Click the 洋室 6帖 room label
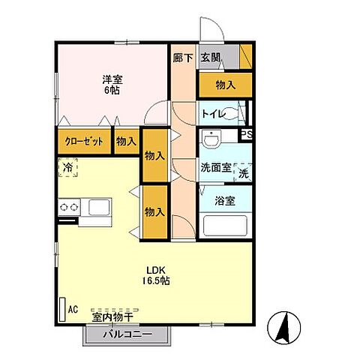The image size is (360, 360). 112,84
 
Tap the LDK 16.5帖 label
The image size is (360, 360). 157,274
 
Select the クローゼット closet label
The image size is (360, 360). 79,140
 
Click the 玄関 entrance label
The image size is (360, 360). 211,58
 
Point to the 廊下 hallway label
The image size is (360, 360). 182,58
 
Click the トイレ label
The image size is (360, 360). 211,114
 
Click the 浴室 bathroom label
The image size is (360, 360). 224,201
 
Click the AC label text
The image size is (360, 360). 73,309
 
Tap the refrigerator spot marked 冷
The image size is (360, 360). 67,169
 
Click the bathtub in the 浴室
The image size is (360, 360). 223,224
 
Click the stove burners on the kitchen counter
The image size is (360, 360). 70,205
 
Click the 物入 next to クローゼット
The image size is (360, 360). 126,140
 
